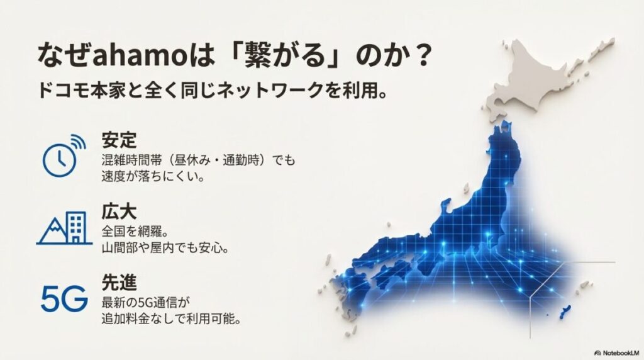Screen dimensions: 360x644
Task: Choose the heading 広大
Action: (x=119, y=210)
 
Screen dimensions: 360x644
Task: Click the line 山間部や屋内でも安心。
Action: (x=165, y=247)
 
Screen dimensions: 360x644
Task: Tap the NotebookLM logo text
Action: (x=618, y=352)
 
